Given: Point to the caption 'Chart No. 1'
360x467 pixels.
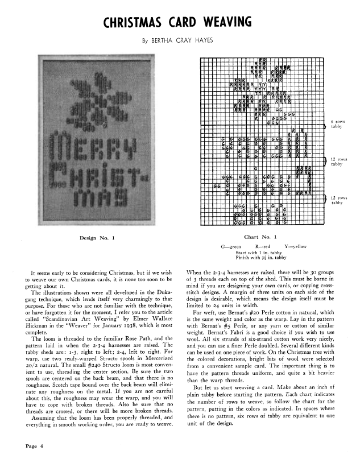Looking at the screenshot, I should coord(260,237).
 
